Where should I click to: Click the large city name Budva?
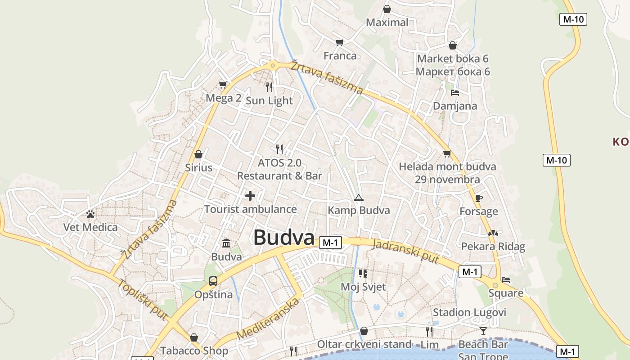[283, 238]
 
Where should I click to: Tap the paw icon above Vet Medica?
[90, 214]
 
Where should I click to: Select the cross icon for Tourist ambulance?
[250, 196]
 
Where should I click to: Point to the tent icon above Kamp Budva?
[358, 198]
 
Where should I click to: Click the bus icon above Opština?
[213, 281]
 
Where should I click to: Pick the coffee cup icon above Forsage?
[478, 198]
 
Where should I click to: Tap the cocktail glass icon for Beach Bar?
[483, 331]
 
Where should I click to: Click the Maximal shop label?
[387, 22]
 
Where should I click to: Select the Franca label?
[340, 56]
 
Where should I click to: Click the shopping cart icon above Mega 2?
[223, 85]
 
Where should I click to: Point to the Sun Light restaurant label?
[269, 101]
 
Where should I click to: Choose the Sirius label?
[198, 168]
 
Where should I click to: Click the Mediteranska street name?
[268, 319]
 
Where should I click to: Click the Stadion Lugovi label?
[469, 312]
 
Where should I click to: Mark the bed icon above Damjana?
[455, 93]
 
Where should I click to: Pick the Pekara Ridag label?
[493, 247]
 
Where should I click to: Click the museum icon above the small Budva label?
[226, 243]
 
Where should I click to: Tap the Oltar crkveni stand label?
[364, 344]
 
